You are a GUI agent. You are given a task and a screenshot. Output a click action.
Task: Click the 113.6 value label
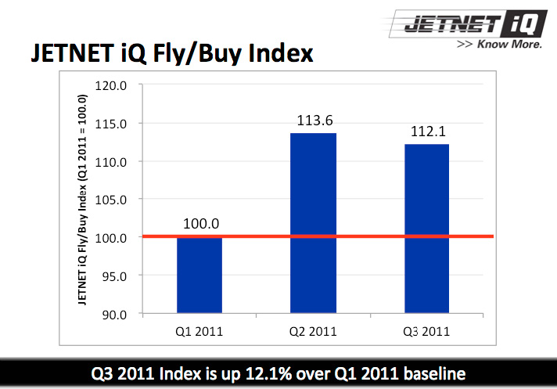(313, 121)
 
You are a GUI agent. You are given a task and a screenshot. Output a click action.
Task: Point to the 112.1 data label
(427, 131)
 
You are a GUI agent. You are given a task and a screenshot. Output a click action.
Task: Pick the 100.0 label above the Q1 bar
(200, 224)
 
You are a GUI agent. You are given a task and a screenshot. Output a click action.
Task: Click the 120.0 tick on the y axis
(110, 85)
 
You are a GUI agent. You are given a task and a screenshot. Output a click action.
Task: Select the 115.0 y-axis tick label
(110, 123)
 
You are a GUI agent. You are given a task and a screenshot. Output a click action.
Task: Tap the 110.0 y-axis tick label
(110, 161)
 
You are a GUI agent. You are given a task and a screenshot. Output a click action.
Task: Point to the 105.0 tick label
(110, 199)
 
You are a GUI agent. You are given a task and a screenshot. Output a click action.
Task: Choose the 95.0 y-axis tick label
(113, 276)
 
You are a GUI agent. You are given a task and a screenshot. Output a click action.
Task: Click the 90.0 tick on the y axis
(113, 314)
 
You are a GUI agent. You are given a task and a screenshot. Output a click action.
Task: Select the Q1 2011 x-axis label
(199, 330)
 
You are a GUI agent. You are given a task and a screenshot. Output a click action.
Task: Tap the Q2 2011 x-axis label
(313, 330)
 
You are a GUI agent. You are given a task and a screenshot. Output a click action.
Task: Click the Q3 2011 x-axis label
(427, 330)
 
